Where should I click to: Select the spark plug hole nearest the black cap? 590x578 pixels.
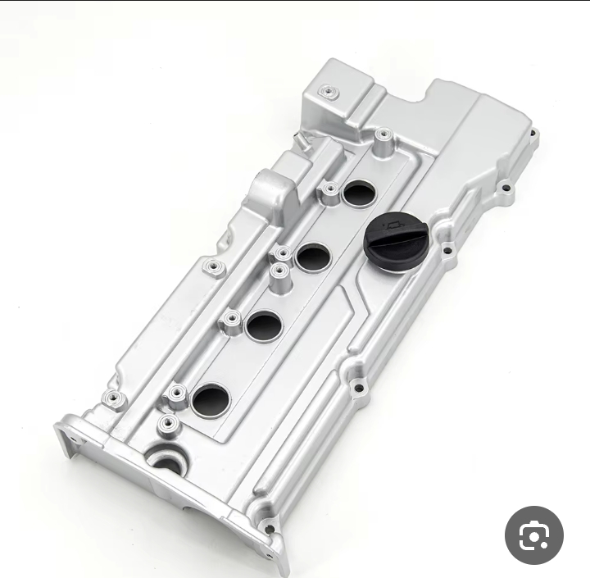(358, 193)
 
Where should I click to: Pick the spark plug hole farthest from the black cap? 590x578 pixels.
(211, 399)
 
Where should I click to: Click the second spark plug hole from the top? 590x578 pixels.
(312, 257)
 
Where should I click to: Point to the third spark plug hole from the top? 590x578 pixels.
(264, 325)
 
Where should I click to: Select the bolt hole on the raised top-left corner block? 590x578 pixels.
(329, 92)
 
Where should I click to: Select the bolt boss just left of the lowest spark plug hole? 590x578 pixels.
(176, 396)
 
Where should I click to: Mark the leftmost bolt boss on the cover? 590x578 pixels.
(111, 399)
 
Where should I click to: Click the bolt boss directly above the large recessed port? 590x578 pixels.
(168, 424)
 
